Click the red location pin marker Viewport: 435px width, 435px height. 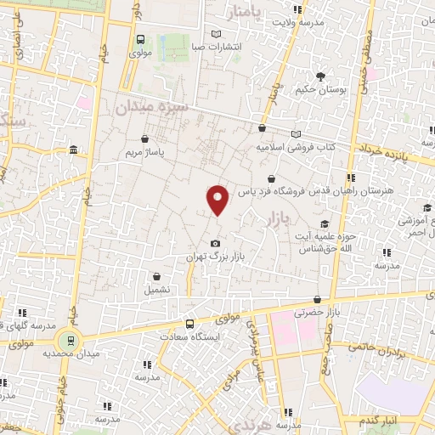pyautogui.click(x=218, y=199)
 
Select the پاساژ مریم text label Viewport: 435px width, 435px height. pyautogui.click(x=144, y=153)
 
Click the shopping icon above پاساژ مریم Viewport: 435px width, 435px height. pyautogui.click(x=145, y=138)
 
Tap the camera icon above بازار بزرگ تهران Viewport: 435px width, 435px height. pyautogui.click(x=214, y=243)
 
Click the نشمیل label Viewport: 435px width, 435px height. pyautogui.click(x=157, y=289)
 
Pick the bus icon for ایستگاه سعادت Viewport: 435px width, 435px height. pyautogui.click(x=189, y=324)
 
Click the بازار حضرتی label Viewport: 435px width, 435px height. pyautogui.click(x=316, y=314)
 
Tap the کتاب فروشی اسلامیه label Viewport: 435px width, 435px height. pyautogui.click(x=296, y=147)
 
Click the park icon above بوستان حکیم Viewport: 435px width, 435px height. pyautogui.click(x=320, y=76)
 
